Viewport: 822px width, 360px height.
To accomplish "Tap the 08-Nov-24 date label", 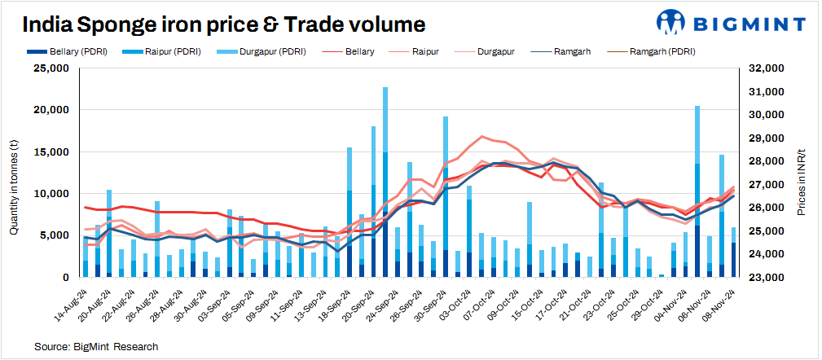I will point(723,301).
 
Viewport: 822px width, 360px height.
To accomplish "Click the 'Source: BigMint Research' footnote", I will point(96,347).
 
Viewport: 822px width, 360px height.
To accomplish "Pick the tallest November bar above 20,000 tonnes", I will point(697,191).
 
